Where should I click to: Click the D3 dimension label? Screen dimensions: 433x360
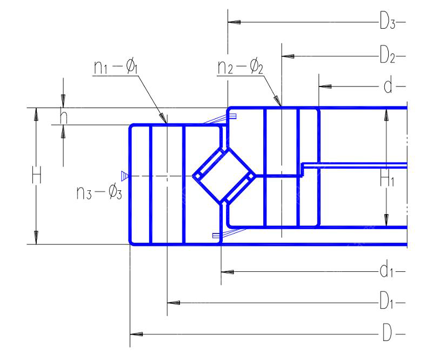[x=388, y=21]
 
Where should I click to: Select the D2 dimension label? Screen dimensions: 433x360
[x=388, y=55]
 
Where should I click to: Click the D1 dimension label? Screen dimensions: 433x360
[x=387, y=301]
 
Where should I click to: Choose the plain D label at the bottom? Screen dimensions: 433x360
[x=387, y=332]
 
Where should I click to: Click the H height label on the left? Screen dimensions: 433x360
[x=37, y=175]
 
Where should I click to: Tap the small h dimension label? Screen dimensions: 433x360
[x=63, y=116]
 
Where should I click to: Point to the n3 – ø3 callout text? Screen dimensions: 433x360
[x=99, y=192]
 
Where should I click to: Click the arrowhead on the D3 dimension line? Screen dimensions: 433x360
[x=234, y=22]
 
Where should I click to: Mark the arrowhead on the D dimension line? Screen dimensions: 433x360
[x=136, y=334]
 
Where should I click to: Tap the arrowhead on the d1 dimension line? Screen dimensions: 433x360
[x=227, y=272]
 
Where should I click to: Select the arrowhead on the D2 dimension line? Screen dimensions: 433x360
[x=288, y=56]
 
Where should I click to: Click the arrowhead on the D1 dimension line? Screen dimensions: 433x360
[x=174, y=303]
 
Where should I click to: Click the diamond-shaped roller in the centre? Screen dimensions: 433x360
[x=224, y=176]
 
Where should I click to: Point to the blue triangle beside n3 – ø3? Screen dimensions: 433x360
[x=125, y=176]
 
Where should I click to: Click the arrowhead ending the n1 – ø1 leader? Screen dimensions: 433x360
[x=163, y=117]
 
